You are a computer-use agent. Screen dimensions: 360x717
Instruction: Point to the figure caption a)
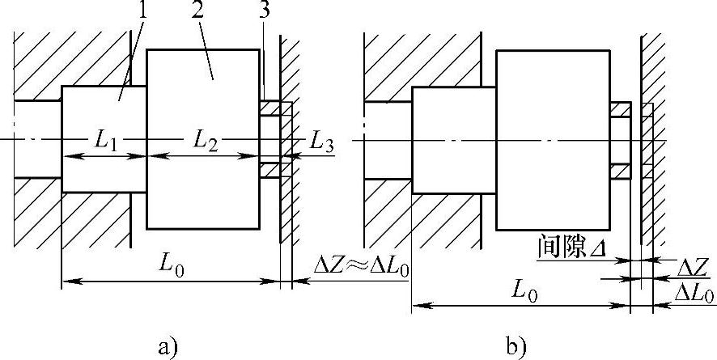(x=168, y=347)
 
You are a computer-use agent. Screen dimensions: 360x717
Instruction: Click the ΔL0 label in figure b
(x=694, y=294)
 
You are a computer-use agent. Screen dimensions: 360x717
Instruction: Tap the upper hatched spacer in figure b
(x=620, y=108)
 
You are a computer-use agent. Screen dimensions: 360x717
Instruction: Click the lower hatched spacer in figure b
(x=620, y=171)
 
